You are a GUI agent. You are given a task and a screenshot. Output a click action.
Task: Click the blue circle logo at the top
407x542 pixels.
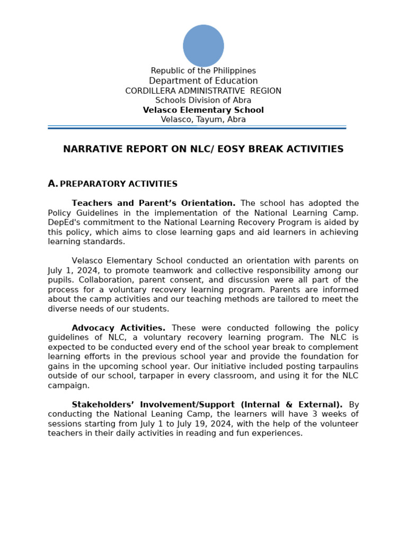(203, 46)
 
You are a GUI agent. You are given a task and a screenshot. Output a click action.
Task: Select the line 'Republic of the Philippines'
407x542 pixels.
(203, 71)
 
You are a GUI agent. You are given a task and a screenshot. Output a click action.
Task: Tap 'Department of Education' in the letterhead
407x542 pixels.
(203, 81)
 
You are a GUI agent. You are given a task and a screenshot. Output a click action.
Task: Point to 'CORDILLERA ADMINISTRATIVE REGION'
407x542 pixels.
(203, 91)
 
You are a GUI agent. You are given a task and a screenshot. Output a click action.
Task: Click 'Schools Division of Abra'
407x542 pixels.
(203, 101)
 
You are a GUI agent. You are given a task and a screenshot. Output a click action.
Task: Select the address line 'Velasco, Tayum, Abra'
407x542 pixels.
(203, 120)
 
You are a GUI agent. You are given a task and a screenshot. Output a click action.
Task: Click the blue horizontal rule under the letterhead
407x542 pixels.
(197, 128)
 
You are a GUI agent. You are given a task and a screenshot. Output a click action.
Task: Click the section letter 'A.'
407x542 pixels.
(52, 184)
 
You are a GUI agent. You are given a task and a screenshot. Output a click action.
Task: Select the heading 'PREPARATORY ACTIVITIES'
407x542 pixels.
(119, 184)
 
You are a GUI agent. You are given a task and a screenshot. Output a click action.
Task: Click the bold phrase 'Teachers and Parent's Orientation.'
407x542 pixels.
(154, 203)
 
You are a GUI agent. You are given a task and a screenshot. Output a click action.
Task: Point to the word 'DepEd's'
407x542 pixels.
(64, 222)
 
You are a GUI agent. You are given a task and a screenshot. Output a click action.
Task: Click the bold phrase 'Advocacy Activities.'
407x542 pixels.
(119, 328)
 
